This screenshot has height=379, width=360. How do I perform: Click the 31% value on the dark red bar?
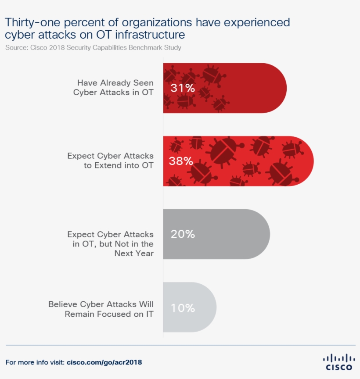click(x=183, y=88)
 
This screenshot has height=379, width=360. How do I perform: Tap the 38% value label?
click(x=181, y=161)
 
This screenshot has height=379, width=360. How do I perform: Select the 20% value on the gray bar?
click(x=183, y=234)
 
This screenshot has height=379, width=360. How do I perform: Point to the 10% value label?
click(x=183, y=307)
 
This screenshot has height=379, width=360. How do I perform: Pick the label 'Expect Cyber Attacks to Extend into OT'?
click(x=110, y=161)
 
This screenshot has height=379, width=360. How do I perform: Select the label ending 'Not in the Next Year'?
click(x=110, y=244)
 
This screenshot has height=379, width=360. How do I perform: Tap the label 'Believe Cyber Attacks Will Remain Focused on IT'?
click(x=101, y=309)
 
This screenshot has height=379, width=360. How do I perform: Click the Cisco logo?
click(x=338, y=362)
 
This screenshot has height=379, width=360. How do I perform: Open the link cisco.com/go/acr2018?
click(x=104, y=363)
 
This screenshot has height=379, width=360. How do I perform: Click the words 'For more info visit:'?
click(x=35, y=363)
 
